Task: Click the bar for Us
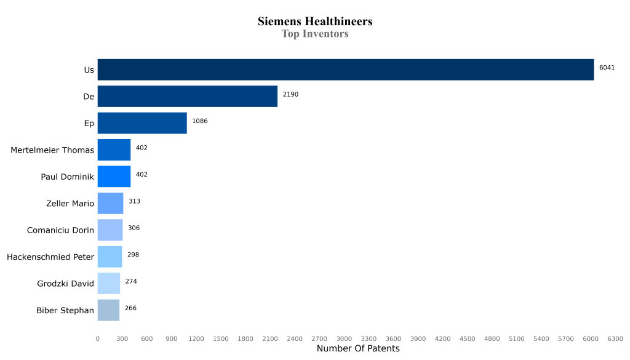345,70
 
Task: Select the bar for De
187,97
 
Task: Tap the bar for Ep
142,123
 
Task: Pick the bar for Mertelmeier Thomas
114,150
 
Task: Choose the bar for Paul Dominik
114,177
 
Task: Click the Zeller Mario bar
110,203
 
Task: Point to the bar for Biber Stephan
108,310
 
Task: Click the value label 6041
607,68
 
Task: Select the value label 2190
290,94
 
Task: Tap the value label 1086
200,121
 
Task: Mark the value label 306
134,228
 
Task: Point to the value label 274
131,281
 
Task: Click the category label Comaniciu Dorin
60,230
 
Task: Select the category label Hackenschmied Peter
50,257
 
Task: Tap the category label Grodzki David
65,284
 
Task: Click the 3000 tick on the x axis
344,338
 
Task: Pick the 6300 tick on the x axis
615,338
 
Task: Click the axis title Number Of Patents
358,349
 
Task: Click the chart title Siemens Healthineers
315,22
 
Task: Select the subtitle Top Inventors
315,34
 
